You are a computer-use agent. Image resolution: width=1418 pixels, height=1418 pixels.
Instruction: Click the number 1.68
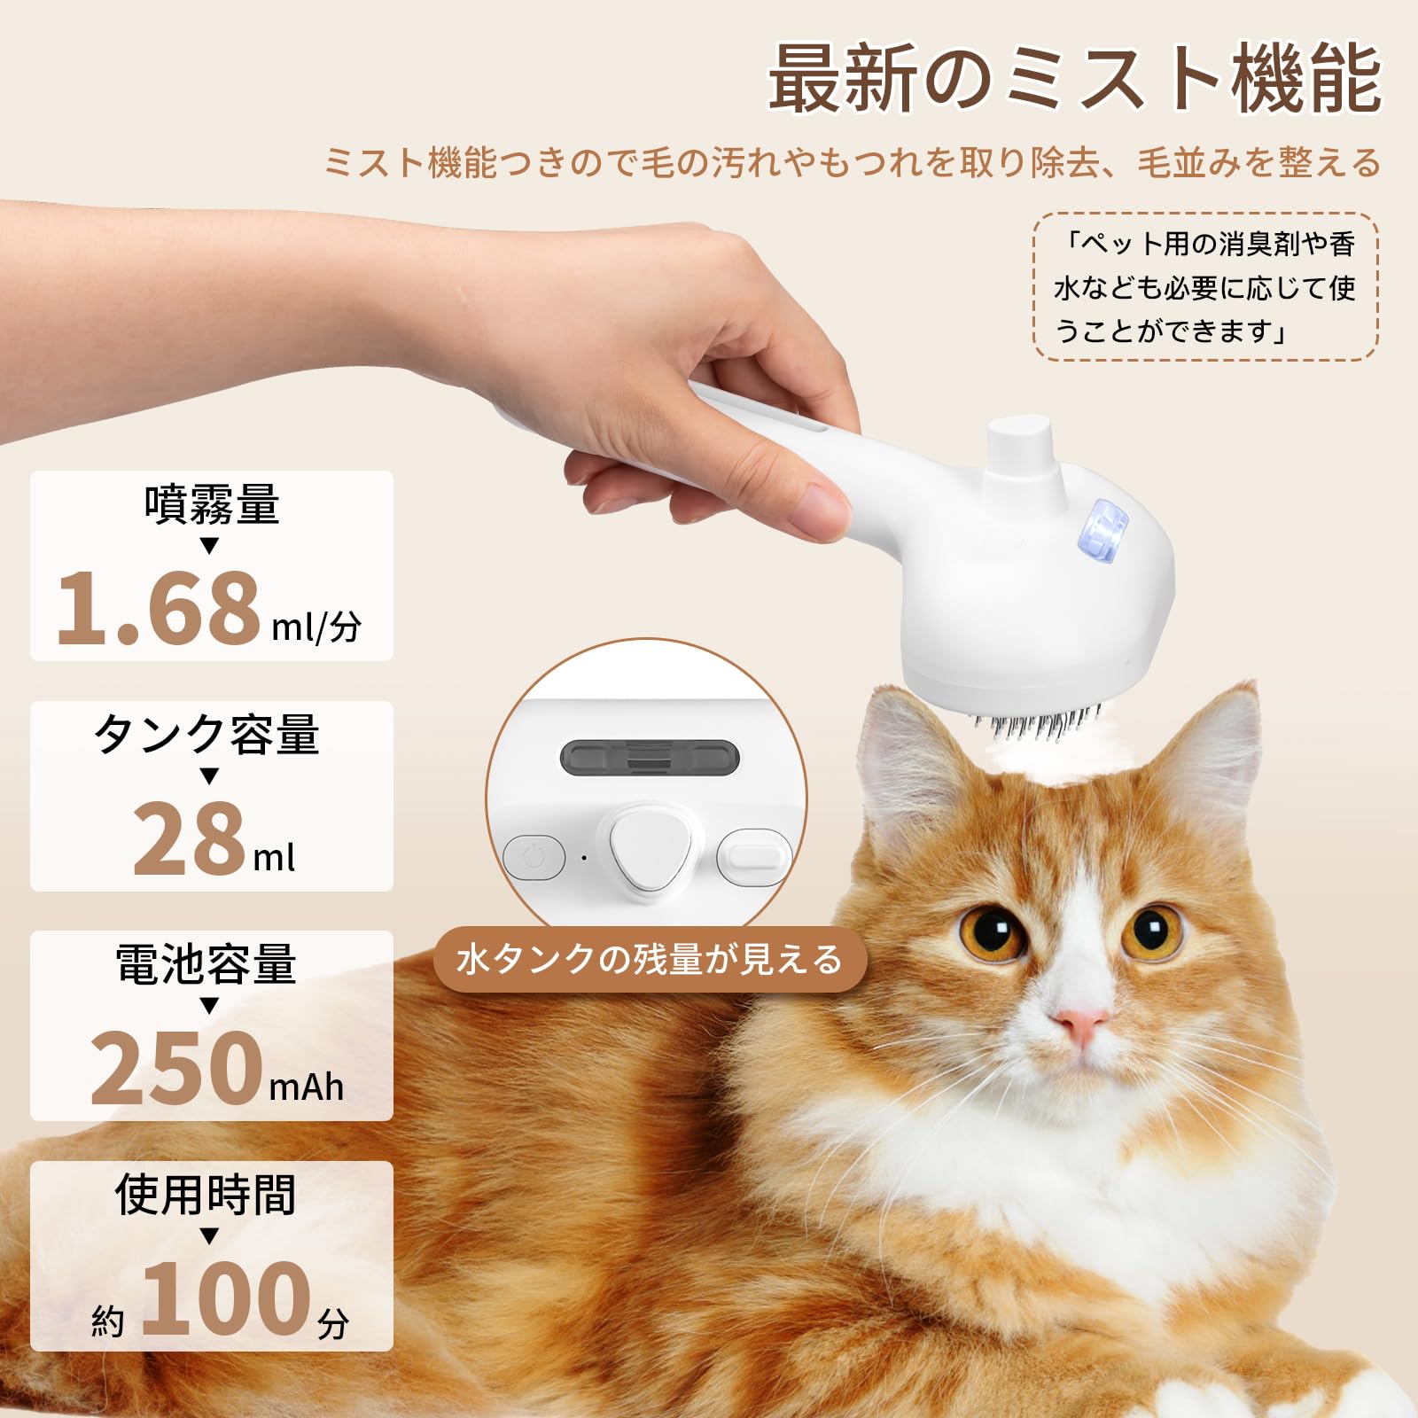[x=158, y=607]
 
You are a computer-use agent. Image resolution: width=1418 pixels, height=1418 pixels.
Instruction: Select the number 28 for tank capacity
[x=189, y=838]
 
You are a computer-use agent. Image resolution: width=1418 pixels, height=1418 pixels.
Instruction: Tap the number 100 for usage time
[x=225, y=1297]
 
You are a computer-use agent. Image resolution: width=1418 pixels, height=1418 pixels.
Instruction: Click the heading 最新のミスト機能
[x=1073, y=80]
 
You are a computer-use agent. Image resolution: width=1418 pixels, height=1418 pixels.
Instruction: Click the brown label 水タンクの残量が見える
[x=649, y=960]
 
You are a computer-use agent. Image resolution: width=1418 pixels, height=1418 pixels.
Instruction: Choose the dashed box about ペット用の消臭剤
[x=1205, y=286]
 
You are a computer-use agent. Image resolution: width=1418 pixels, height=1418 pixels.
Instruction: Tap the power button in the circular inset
[x=533, y=857]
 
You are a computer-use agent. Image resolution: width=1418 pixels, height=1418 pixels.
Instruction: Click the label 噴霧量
[x=211, y=503]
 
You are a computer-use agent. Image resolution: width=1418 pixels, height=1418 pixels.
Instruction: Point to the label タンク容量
[x=206, y=734]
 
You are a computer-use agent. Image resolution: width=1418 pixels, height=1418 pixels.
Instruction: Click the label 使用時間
[x=206, y=1194]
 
